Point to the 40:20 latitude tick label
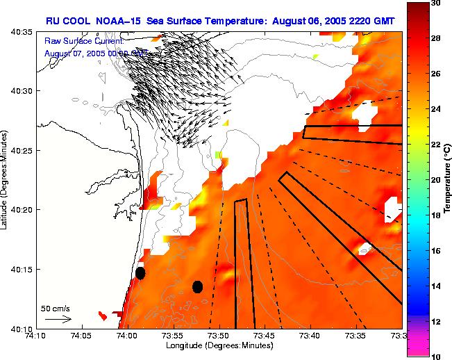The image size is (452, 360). (23, 210)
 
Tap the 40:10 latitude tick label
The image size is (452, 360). (23, 328)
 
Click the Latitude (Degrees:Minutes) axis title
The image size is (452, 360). (6, 180)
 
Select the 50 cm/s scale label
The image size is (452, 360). (55, 308)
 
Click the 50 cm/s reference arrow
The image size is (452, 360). (58, 319)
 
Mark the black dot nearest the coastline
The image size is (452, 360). (140, 273)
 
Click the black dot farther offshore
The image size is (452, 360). (197, 286)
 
